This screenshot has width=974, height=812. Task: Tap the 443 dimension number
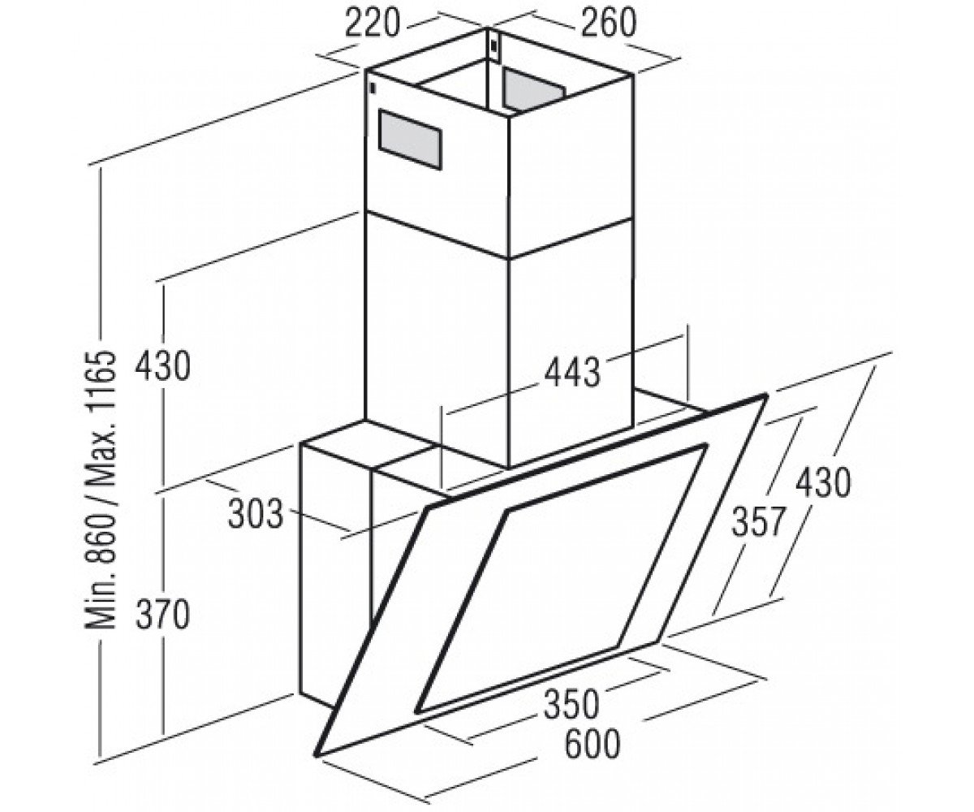(x=573, y=373)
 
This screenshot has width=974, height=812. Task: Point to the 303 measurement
(x=256, y=514)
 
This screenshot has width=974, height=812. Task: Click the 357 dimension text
(x=757, y=522)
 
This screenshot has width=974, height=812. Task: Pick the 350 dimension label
(x=571, y=704)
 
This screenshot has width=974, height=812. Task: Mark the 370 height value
(x=163, y=615)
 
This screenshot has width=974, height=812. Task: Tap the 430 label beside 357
(x=823, y=482)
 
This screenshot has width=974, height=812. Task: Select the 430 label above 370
(x=163, y=367)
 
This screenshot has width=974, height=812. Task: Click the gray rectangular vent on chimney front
(x=410, y=139)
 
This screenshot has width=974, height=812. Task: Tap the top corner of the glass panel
(x=765, y=396)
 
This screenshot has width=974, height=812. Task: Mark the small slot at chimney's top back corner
(x=494, y=45)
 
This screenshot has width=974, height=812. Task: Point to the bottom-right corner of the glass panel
(x=657, y=642)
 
